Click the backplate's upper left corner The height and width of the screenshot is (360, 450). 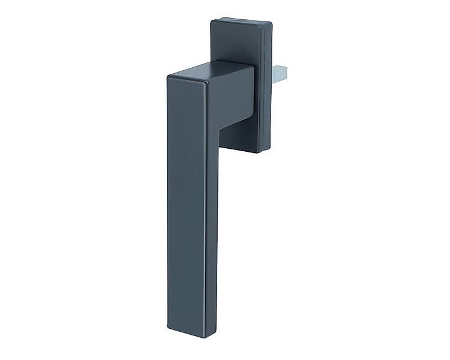(212, 23)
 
